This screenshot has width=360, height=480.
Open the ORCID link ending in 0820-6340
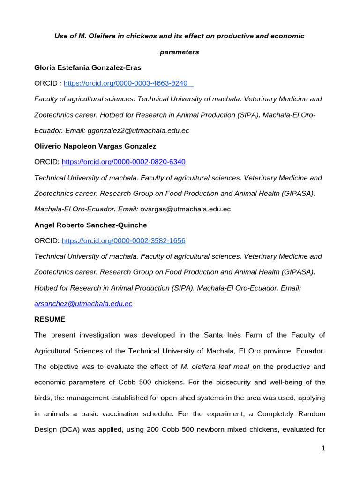point(124,162)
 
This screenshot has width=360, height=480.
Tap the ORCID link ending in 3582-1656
point(124,241)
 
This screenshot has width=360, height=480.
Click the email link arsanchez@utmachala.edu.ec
point(83,304)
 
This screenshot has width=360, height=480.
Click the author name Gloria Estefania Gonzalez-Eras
point(88,67)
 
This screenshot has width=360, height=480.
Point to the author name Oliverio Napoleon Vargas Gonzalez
point(96,146)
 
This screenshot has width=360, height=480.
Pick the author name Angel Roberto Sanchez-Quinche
point(90,225)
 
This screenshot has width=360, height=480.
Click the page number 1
point(323,449)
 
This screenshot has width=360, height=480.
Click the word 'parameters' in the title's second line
point(180,52)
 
